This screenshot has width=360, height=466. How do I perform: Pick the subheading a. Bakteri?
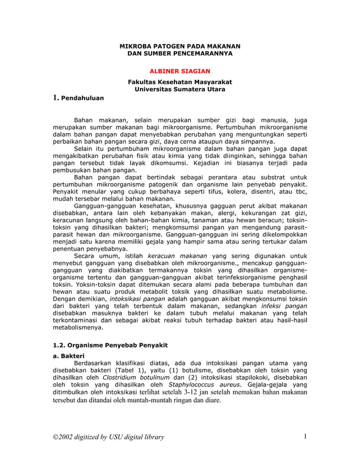point(68,356)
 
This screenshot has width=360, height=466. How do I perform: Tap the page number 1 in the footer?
point(305,436)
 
